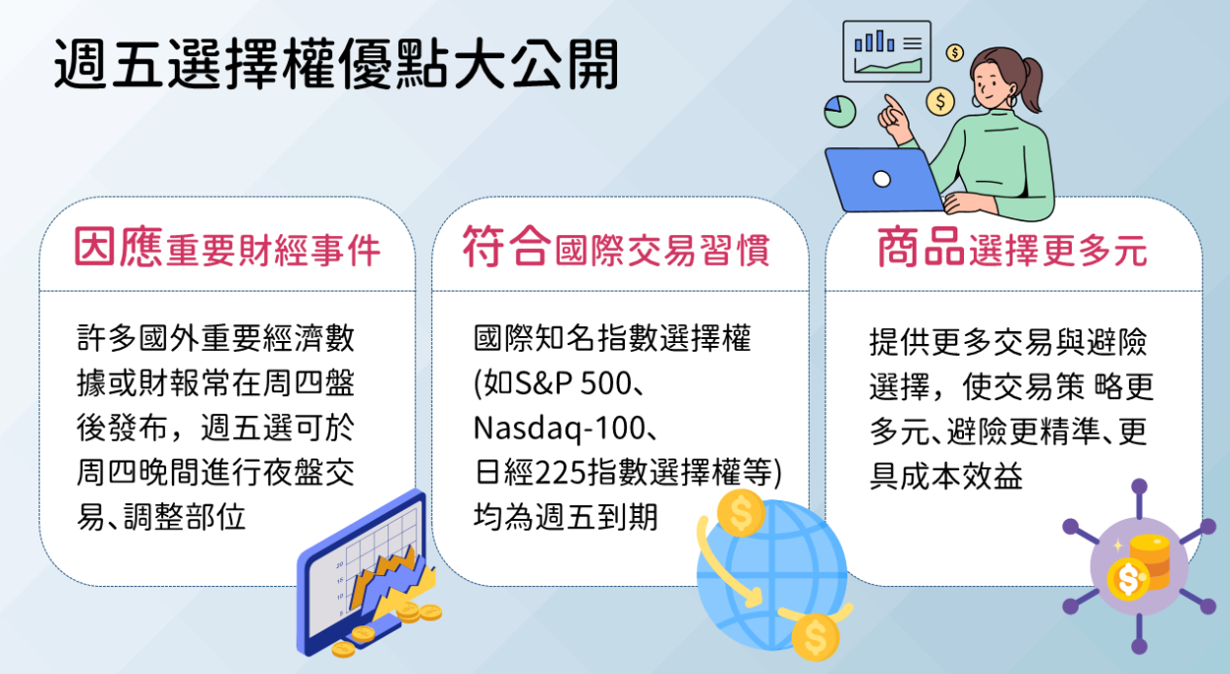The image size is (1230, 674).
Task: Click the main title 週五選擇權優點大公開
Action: click(x=336, y=64)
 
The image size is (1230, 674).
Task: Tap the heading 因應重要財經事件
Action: click(x=227, y=247)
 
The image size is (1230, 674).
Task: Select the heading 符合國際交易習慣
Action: click(x=616, y=247)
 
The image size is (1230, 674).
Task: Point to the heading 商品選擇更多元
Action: click(x=1012, y=247)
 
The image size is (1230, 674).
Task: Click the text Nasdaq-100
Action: click(x=559, y=428)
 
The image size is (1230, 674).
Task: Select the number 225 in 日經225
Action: click(x=561, y=473)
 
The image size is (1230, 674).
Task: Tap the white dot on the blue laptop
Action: click(x=881, y=179)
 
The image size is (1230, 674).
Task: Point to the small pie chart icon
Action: click(x=839, y=112)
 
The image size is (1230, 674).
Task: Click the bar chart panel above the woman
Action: click(x=887, y=51)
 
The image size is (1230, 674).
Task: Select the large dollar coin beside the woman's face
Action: click(x=940, y=102)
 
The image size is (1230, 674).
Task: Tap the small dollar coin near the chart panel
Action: click(x=955, y=52)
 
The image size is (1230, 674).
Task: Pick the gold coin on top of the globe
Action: click(x=741, y=513)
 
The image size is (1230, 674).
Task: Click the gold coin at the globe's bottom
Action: click(x=816, y=637)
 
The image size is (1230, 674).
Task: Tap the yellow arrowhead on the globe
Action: click(x=752, y=597)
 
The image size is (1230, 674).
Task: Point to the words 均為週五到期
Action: click(x=566, y=517)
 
